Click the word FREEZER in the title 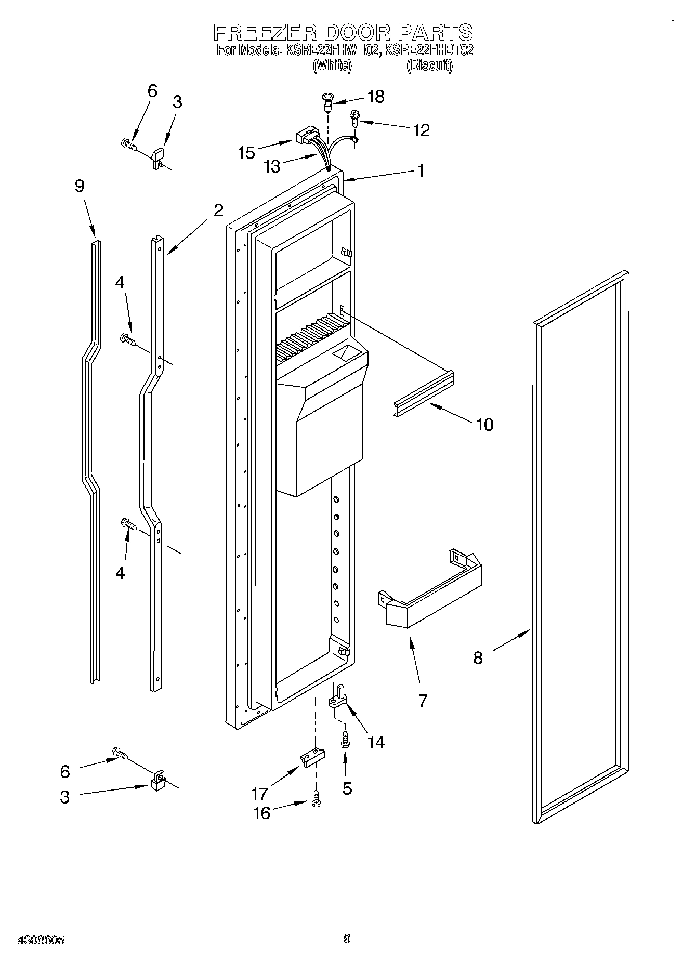tap(265, 33)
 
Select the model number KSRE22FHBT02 tap(428, 50)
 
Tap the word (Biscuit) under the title tap(429, 65)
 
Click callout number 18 tap(375, 97)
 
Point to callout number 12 tap(421, 130)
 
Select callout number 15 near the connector tap(246, 152)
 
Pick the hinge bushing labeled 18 tap(328, 101)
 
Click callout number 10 tap(484, 425)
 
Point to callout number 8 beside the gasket tap(478, 658)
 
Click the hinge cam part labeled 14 tap(338, 697)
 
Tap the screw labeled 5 tap(344, 739)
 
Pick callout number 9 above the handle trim tap(80, 186)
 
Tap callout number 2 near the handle tap(218, 210)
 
